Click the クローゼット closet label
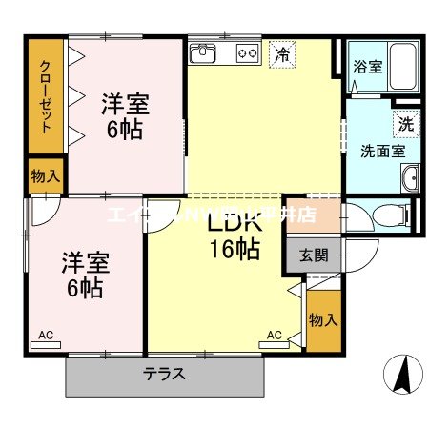pos(45,95)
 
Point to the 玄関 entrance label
pos(312,255)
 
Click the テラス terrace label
pos(164,374)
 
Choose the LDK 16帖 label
pos(233,237)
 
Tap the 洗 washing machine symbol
pos(405,123)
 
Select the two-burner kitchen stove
pos(248,53)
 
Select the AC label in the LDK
pos(275,335)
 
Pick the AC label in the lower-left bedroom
pos(45,335)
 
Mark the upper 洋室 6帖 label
pos(125,114)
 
